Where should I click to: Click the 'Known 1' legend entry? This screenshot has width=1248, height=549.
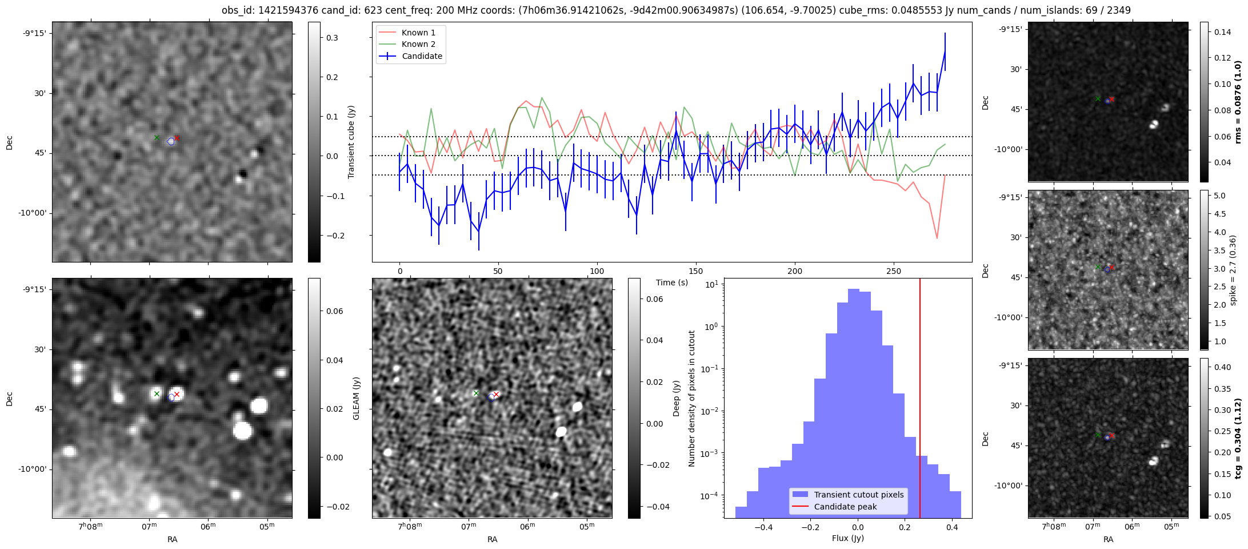pyautogui.click(x=418, y=33)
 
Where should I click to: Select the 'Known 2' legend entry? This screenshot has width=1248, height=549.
pyautogui.click(x=418, y=44)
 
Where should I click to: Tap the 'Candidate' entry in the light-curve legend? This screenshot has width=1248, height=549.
pyautogui.click(x=422, y=56)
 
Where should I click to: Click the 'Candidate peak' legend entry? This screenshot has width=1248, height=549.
pyautogui.click(x=845, y=507)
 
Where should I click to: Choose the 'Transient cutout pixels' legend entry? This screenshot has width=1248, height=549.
pyautogui.click(x=859, y=495)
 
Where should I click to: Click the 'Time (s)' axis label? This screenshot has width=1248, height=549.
pyautogui.click(x=671, y=283)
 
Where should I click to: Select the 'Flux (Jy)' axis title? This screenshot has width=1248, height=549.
pyautogui.click(x=848, y=538)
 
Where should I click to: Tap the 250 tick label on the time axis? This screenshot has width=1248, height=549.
pyautogui.click(x=893, y=271)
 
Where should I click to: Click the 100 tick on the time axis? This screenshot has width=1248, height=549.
pyautogui.click(x=597, y=271)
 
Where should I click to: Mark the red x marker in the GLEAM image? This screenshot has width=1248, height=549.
pyautogui.click(x=177, y=394)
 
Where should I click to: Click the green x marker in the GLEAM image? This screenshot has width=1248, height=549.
pyautogui.click(x=157, y=393)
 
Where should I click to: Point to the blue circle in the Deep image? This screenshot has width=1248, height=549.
pyautogui.click(x=491, y=397)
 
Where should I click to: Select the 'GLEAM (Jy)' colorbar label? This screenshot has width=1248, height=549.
pyautogui.click(x=356, y=398)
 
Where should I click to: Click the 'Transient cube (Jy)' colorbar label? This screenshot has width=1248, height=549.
pyautogui.click(x=351, y=142)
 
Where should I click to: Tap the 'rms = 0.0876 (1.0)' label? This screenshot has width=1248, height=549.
pyautogui.click(x=1238, y=102)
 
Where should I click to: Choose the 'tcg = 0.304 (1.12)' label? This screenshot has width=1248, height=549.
pyautogui.click(x=1238, y=438)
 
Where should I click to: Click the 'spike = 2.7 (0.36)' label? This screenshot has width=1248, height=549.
pyautogui.click(x=1233, y=270)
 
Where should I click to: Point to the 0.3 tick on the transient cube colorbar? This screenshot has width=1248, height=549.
pyautogui.click(x=332, y=38)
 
